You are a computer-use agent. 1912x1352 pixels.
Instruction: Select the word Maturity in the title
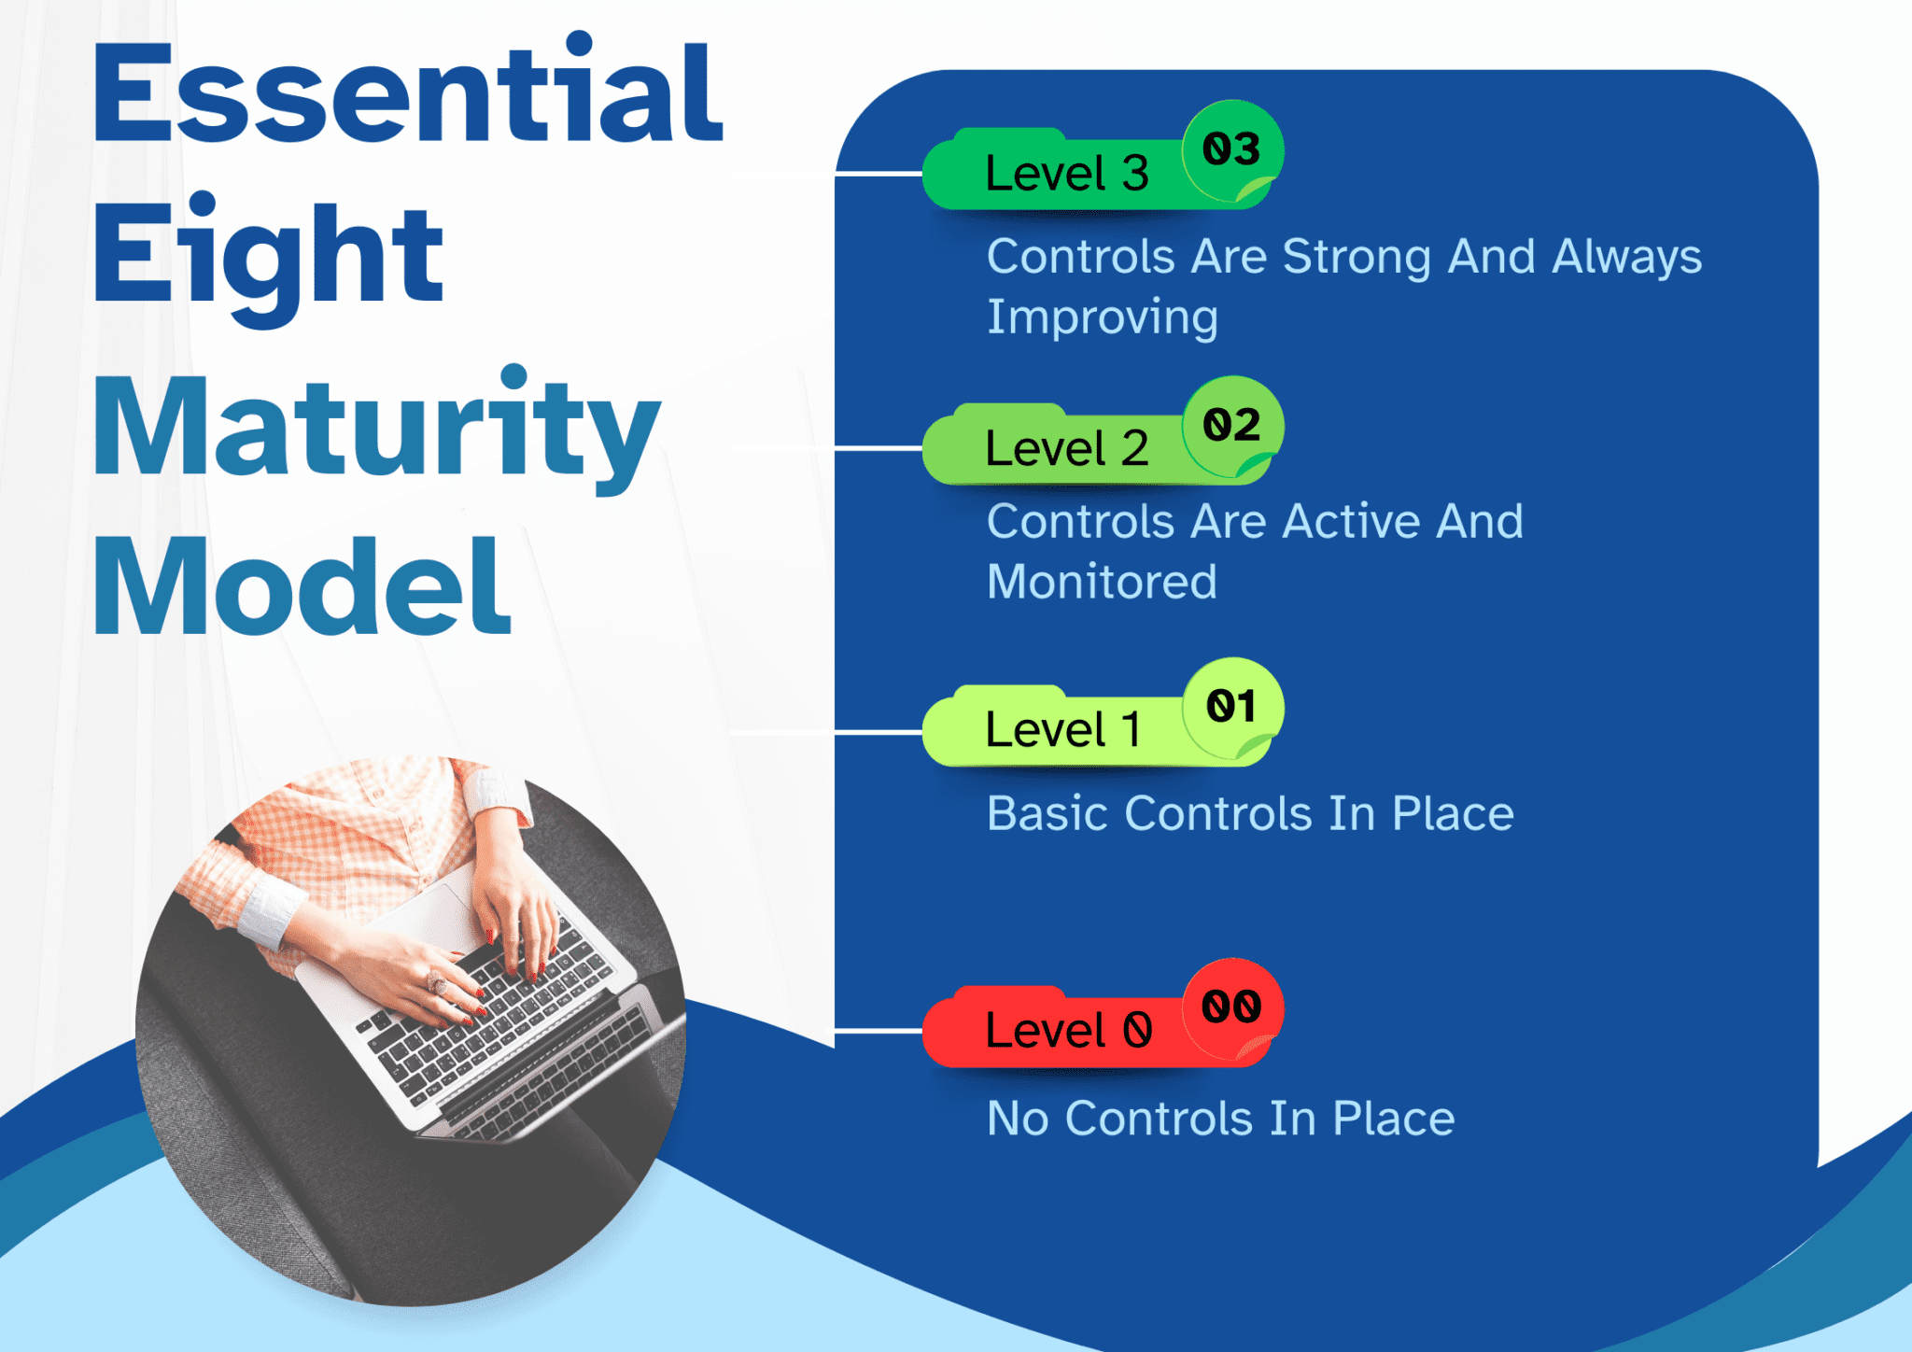point(376,427)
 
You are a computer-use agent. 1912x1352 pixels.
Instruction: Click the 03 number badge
point(1231,150)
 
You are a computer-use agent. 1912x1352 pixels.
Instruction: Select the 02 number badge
point(1231,426)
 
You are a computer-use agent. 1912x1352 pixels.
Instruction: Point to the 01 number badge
point(1231,707)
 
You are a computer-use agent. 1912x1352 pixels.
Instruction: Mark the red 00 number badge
point(1231,1007)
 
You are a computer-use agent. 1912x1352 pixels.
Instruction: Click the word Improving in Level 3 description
point(1103,318)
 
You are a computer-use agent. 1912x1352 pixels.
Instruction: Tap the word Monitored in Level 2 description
point(1102,582)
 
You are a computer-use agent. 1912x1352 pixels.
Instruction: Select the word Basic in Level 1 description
point(1047,813)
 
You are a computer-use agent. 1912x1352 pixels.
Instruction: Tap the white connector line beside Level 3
point(878,174)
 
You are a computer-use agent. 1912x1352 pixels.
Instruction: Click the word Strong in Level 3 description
point(1356,257)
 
